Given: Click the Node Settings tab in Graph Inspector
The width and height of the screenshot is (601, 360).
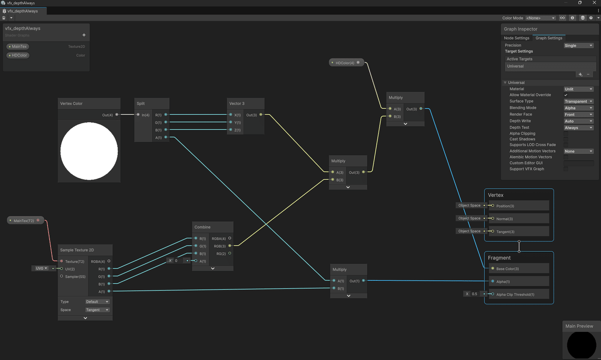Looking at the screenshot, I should (x=516, y=38).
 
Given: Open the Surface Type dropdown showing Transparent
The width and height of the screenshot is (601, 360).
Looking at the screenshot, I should (x=578, y=101).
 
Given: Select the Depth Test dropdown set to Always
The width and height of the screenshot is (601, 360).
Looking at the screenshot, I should (x=578, y=128).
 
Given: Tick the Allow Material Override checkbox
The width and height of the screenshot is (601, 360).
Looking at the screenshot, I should (x=566, y=95).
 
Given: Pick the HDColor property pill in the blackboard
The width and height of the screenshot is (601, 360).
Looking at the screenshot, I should (x=18, y=56).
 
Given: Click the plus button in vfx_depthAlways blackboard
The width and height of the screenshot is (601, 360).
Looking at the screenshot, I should (x=84, y=35).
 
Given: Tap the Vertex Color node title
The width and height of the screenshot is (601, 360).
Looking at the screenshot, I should (x=71, y=104).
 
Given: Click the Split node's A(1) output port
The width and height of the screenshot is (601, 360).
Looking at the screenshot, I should (x=166, y=137).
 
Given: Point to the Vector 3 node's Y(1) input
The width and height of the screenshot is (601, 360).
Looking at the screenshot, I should (x=230, y=122).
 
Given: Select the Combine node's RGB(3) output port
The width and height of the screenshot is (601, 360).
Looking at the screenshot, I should (x=229, y=246).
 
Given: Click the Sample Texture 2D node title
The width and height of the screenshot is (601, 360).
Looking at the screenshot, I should (x=77, y=250).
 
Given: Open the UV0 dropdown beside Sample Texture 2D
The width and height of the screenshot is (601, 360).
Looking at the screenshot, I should (x=41, y=268).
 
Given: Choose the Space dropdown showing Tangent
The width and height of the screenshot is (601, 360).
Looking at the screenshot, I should (x=97, y=310).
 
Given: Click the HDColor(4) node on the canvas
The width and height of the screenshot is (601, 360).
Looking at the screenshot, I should (x=345, y=63).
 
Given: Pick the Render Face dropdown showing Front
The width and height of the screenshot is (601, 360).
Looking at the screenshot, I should (x=578, y=115).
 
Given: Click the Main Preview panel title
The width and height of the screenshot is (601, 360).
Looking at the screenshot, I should (x=579, y=326).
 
